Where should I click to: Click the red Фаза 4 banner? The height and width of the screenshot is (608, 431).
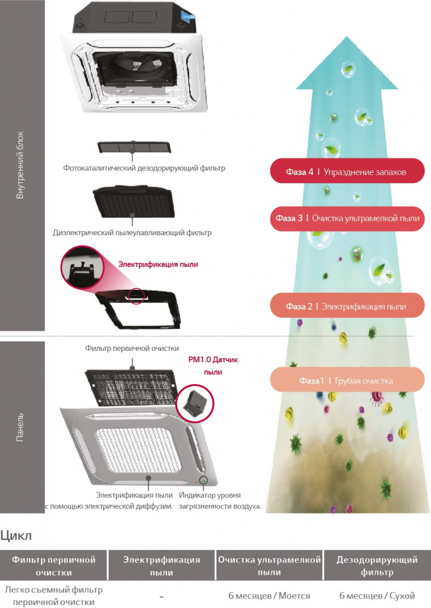tap(347, 171)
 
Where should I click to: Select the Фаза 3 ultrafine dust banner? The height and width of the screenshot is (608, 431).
tap(347, 218)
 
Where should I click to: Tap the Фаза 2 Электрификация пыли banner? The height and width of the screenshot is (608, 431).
tap(347, 306)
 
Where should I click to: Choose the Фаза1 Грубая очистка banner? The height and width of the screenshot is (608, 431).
tap(347, 380)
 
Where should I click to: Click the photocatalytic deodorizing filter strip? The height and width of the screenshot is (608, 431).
tap(134, 147)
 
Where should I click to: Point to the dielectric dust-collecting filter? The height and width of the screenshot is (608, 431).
tap(134, 202)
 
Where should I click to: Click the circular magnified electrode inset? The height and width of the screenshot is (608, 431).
tap(82, 267)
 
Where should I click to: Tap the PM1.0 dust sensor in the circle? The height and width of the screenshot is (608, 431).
tap(194, 403)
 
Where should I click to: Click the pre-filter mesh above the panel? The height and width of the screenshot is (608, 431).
tap(131, 388)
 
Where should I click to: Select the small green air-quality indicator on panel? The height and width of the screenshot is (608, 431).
tap(203, 480)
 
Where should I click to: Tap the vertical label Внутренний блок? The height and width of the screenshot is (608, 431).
tap(20, 165)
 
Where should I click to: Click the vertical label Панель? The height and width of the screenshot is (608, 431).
tap(20, 427)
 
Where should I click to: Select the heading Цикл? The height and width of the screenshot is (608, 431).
tap(16, 536)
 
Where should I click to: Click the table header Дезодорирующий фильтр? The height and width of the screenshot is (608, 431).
tap(377, 565)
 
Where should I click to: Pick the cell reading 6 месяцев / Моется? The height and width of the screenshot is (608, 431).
tap(269, 596)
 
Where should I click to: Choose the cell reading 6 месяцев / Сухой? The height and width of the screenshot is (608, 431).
tap(377, 596)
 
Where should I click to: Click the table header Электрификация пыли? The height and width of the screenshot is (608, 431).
tap(162, 565)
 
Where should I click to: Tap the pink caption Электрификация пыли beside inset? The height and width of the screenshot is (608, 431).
tap(158, 264)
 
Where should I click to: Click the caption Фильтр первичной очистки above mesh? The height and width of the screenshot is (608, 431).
tap(132, 348)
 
